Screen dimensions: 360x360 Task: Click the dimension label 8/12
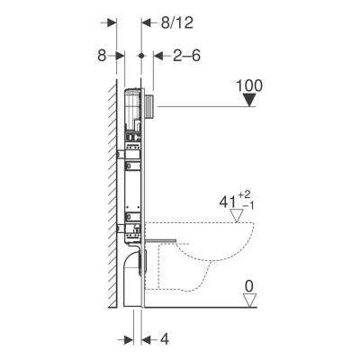177,23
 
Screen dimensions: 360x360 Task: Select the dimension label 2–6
186,56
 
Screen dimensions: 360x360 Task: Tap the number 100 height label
249,85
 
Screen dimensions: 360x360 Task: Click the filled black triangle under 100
249,100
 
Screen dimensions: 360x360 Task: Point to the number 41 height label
227,202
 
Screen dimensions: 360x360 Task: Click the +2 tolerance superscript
244,195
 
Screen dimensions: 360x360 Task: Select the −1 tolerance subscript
248,206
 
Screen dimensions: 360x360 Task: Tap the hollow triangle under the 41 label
236,216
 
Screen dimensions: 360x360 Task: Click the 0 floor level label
249,287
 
